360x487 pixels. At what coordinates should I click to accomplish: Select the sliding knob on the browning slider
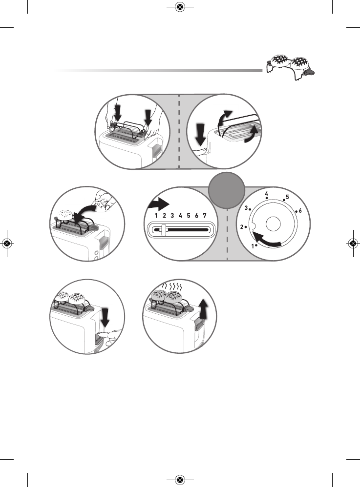(x=165, y=229)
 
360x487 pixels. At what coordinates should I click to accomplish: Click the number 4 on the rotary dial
(x=267, y=194)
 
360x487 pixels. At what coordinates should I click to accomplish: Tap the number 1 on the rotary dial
(x=253, y=246)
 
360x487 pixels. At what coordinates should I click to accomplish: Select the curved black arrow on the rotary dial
(x=266, y=241)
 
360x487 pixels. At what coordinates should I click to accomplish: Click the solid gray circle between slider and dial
(x=228, y=188)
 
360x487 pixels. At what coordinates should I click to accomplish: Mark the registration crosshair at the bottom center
(x=180, y=479)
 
